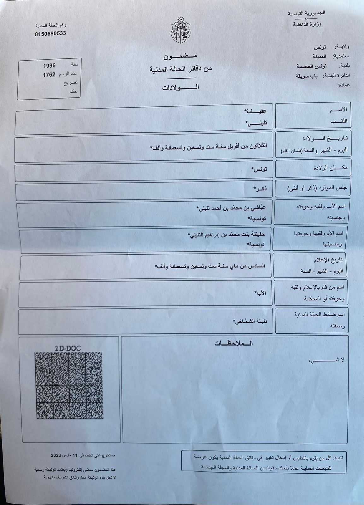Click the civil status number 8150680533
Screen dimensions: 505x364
pyautogui.click(x=50, y=33)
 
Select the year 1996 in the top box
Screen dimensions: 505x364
pyautogui.click(x=49, y=66)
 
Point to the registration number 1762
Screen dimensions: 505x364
pyautogui.click(x=49, y=75)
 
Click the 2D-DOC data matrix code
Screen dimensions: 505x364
pyautogui.click(x=69, y=385)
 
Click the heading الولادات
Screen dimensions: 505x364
pyautogui.click(x=180, y=87)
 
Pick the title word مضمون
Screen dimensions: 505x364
pyautogui.click(x=180, y=56)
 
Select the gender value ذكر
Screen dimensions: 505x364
pyautogui.click(x=261, y=188)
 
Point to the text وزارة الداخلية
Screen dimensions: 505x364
pyautogui.click(x=307, y=24)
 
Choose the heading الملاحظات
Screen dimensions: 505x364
pyautogui.click(x=233, y=343)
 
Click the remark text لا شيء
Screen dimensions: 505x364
pyautogui.click(x=326, y=360)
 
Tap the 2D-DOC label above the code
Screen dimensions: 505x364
pyautogui.click(x=68, y=348)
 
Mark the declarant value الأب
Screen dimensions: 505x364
pyautogui.click(x=261, y=293)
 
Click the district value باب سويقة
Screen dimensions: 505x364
pyautogui.click(x=306, y=76)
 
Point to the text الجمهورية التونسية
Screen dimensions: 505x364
pyautogui.click(x=306, y=14)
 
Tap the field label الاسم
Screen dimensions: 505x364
pyautogui.click(x=338, y=110)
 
